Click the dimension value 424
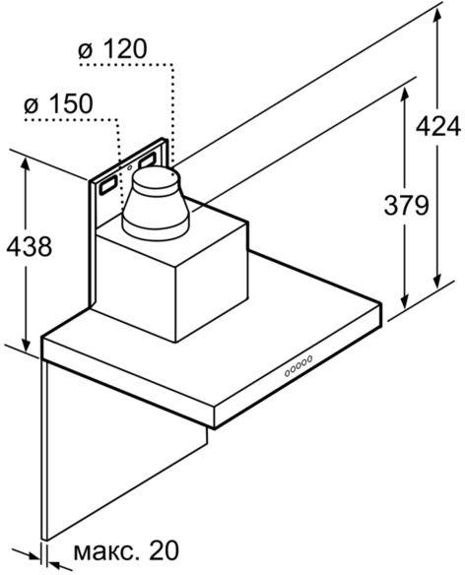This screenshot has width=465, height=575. [x=438, y=126]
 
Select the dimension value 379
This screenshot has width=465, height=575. [x=406, y=205]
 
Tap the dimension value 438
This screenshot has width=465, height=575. [x=30, y=246]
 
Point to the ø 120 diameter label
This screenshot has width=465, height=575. [x=112, y=49]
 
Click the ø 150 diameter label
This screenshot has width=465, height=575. [x=58, y=103]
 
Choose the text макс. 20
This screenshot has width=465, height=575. [x=126, y=550]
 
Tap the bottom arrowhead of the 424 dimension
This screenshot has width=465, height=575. [x=436, y=281]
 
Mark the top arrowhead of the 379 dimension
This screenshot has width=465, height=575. [x=405, y=96]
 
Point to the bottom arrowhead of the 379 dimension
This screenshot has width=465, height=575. [x=405, y=301]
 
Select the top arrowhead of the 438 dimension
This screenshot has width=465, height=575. [x=26, y=166]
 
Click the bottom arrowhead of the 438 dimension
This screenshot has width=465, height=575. [x=26, y=343]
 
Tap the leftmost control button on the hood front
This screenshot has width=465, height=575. [x=287, y=373]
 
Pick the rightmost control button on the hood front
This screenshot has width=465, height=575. [x=309, y=358]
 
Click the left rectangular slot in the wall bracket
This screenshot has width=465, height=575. [x=108, y=185]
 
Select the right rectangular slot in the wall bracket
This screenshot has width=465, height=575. [x=147, y=160]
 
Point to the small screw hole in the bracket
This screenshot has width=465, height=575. [x=130, y=168]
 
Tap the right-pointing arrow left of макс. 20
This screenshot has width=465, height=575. [x=27, y=553]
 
